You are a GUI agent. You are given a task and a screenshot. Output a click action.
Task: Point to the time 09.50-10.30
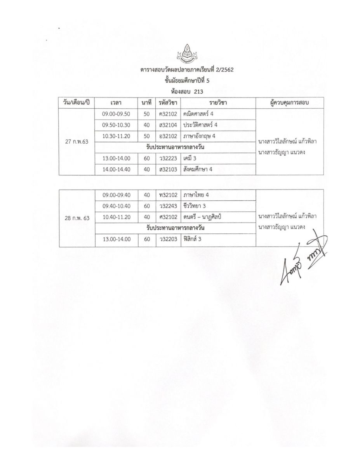[117, 125]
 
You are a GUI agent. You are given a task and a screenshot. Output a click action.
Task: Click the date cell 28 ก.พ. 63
[77, 218]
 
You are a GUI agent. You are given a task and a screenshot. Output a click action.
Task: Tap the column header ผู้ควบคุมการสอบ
[289, 103]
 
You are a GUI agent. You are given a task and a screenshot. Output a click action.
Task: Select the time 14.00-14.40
[117, 169]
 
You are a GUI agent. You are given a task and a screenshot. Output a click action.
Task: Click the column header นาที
[146, 103]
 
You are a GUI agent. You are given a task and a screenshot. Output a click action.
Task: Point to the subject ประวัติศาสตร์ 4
[200, 125]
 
